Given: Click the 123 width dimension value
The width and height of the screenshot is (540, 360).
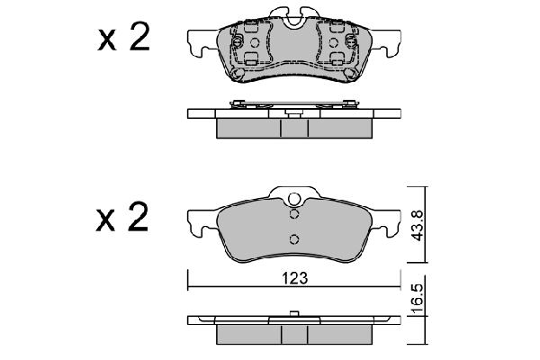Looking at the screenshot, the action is (x=294, y=278).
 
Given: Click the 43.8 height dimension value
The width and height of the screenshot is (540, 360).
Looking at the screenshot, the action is (x=418, y=226).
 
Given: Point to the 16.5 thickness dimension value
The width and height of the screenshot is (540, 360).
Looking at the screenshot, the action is (x=417, y=299).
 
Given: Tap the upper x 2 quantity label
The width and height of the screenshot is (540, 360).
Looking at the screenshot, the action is (x=124, y=38).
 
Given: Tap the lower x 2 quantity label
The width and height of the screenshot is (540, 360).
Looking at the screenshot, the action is (x=122, y=216).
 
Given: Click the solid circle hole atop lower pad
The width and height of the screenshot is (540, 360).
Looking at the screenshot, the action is (x=293, y=199).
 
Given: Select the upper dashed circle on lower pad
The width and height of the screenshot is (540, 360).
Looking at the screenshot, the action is (x=293, y=214).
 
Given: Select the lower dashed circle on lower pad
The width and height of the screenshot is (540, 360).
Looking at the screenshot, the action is (x=293, y=238).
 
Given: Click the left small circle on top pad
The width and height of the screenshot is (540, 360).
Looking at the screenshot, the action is (x=255, y=42).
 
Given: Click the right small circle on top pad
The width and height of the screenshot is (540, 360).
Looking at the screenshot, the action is (x=333, y=42).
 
